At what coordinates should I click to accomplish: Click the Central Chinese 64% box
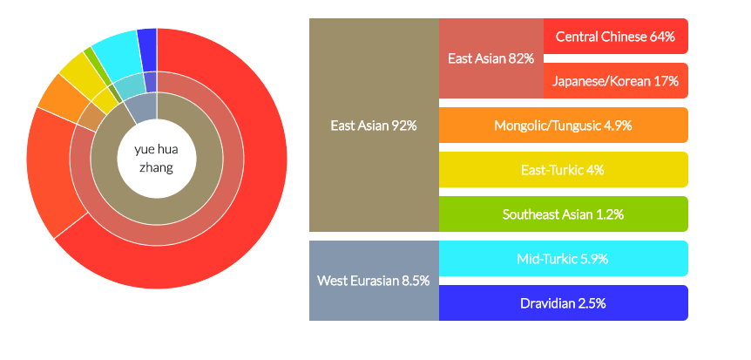pos(615,36)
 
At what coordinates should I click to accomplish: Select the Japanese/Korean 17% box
pos(615,80)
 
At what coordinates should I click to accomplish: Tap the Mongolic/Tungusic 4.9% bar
pos(563,126)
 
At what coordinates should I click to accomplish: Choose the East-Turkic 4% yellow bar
pos(563,170)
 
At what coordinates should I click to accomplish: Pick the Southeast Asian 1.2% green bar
pos(563,214)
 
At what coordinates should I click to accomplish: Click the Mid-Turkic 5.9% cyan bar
pos(563,258)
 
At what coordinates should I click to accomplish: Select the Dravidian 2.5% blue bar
pos(563,303)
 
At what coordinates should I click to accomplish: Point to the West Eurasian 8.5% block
pos(374,281)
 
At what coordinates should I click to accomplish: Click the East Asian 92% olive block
pos(374,126)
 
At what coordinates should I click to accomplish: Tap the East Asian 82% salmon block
pos(491,58)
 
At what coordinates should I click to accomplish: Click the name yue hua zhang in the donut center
pos(156,158)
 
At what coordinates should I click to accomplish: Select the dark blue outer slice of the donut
pos(147,50)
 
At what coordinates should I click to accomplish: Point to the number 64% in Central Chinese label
pos(662,37)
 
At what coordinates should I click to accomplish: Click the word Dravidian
pos(546,303)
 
